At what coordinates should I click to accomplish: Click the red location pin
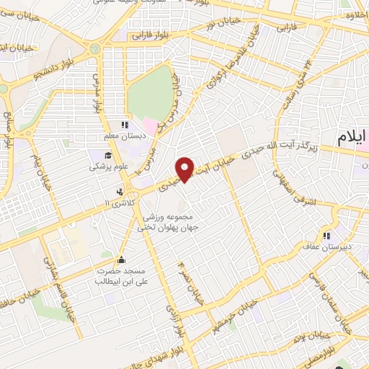point(186,169)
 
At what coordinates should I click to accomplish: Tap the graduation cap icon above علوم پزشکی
point(108,155)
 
